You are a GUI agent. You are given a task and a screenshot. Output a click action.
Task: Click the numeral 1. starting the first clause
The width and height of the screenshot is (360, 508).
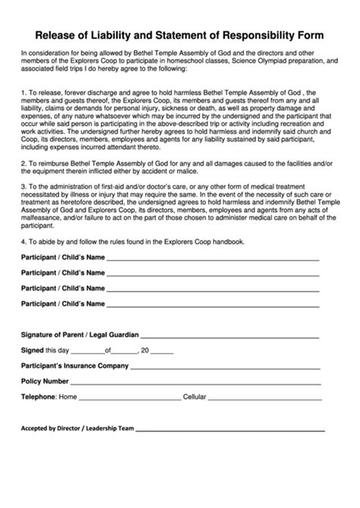pos(24,91)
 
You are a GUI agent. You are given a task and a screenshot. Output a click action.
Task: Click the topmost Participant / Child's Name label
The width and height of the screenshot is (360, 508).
pos(62,257)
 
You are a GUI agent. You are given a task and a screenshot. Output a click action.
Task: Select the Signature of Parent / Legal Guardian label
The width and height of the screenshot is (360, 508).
pos(79,335)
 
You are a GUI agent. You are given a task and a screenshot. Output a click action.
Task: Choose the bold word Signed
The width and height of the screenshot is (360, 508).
pos(33,350)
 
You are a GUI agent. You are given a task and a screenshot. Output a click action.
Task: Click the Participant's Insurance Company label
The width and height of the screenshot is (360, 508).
pos(74,365)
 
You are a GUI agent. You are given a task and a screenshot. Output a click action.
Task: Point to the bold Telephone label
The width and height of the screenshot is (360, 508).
pos(38,396)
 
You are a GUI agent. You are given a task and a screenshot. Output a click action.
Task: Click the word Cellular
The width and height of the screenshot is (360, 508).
pos(195,396)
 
